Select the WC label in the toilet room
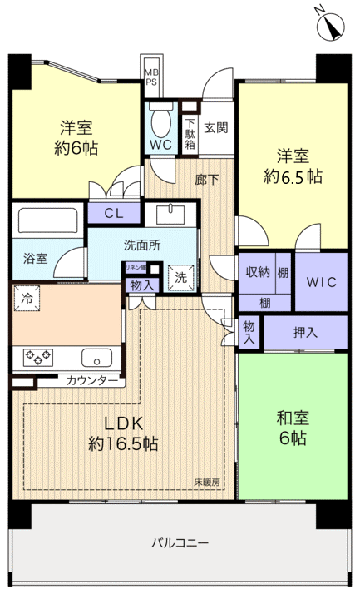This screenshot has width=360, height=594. pyautogui.click(x=160, y=143)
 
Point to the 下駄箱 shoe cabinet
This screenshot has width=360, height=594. pyautogui.click(x=190, y=132)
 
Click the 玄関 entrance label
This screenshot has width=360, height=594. pyautogui.click(x=216, y=128)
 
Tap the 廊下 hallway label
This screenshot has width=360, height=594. pyautogui.click(x=207, y=178)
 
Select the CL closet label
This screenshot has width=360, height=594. pyautogui.click(x=115, y=213)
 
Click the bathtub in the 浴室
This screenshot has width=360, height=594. pyautogui.click(x=48, y=221)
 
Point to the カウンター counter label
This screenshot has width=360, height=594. pyautogui.click(x=92, y=380)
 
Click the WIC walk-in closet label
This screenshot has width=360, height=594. pyautogui.click(x=321, y=282)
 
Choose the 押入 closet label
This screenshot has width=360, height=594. pyautogui.click(x=304, y=332)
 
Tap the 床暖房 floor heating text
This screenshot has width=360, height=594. pyautogui.click(x=207, y=482)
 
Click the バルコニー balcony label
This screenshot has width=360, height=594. pyautogui.click(x=180, y=543)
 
